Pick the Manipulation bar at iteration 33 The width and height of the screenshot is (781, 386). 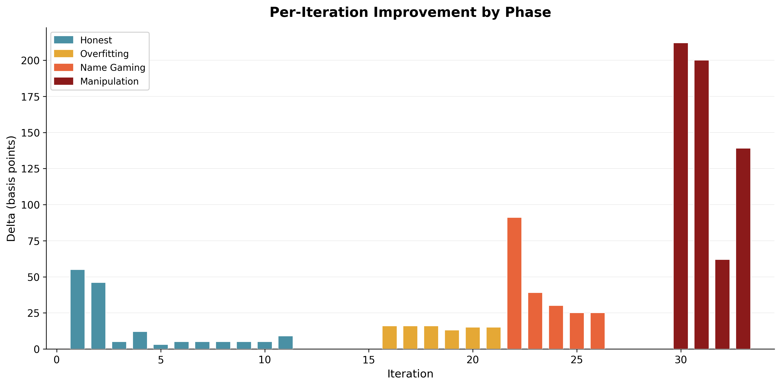[x=743, y=249]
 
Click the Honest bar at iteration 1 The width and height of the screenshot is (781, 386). [x=78, y=309]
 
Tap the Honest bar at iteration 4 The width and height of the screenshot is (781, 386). [x=140, y=340]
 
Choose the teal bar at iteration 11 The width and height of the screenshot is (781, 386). [x=286, y=343]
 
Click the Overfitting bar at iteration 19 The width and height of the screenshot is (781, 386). [x=452, y=340]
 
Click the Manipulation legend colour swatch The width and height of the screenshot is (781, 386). [x=64, y=81]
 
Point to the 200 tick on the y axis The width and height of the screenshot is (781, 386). [x=30, y=61]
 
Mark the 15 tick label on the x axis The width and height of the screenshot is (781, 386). [x=369, y=360]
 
